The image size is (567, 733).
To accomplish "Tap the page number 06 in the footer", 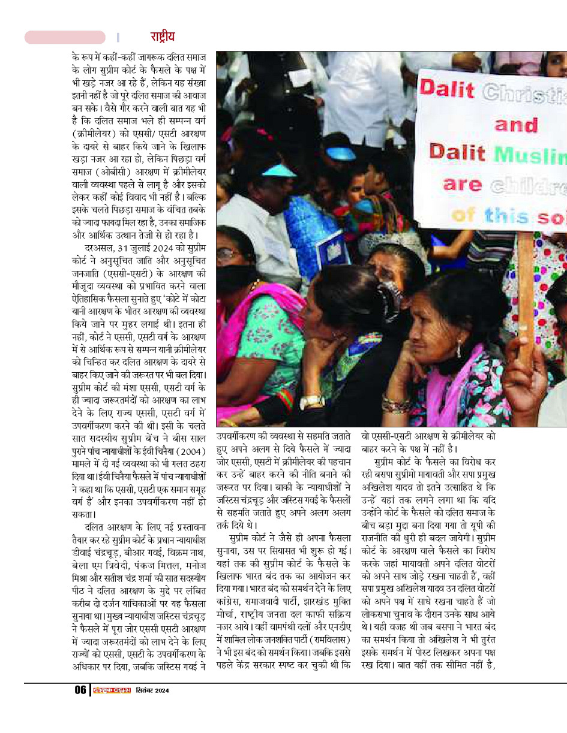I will (80, 690).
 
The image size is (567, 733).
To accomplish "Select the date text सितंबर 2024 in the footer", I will (152, 690).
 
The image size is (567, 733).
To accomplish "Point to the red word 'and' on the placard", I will (516, 125).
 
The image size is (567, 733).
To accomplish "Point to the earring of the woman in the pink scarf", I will (458, 348).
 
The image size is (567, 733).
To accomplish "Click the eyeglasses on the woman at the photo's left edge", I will (227, 254).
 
